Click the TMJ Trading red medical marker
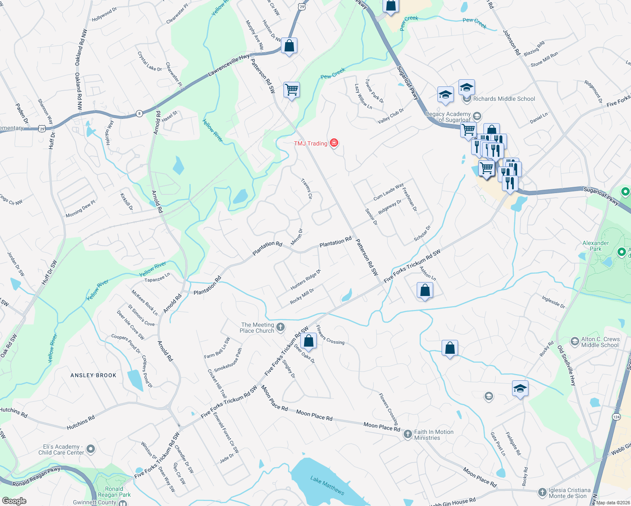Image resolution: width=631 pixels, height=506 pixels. pyautogui.click(x=334, y=143)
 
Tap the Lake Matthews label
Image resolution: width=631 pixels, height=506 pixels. pyautogui.click(x=327, y=485)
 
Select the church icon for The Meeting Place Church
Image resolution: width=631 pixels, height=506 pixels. pyautogui.click(x=280, y=328)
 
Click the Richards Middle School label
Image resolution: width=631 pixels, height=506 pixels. pyautogui.click(x=504, y=99)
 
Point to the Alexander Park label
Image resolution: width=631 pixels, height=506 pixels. pyautogui.click(x=596, y=246)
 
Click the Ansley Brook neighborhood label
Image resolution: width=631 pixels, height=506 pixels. pyautogui.click(x=93, y=375)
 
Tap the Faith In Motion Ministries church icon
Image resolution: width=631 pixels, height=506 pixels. pyautogui.click(x=407, y=434)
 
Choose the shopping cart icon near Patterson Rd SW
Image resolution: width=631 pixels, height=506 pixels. pyautogui.click(x=291, y=90)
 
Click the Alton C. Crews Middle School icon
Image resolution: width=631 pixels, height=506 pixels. pyautogui.click(x=574, y=342)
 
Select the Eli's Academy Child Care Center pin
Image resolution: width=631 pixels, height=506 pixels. pyautogui.click(x=90, y=449)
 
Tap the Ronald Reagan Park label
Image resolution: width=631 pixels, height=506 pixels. pyautogui.click(x=114, y=492)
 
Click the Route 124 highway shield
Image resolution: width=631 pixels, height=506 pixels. pyautogui.click(x=616, y=417)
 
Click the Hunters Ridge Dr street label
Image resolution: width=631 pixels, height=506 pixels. pyautogui.click(x=306, y=280)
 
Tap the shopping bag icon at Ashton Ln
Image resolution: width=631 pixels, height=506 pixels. pyautogui.click(x=425, y=290)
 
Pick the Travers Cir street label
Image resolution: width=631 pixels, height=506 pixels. pyautogui.click(x=307, y=188)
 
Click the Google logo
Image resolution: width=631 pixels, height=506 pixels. pyautogui.click(x=14, y=501)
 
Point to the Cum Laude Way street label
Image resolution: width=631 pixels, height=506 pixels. pyautogui.click(x=388, y=192)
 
